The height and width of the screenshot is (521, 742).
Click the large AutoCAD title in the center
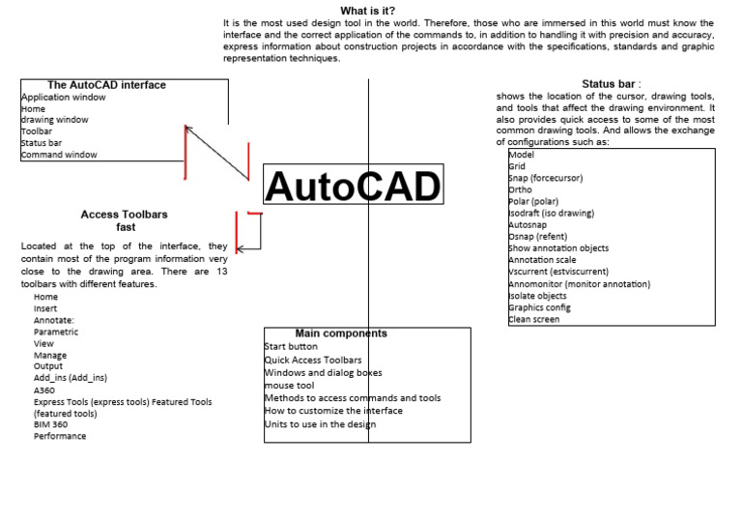353,188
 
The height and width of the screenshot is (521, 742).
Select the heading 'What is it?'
368,11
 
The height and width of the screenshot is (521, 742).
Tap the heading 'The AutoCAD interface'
106,85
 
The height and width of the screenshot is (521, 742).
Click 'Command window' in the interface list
59,155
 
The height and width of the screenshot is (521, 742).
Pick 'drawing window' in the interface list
54,120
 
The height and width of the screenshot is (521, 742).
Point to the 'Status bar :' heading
612,84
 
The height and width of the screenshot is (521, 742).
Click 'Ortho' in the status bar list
520,190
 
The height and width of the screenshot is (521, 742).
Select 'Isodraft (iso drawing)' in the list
551,214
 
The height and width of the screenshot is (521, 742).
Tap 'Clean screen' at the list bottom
533,319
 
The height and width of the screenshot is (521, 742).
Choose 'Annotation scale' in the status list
542,260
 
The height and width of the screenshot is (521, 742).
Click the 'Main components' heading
341,333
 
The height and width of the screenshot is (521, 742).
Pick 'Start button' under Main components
291,346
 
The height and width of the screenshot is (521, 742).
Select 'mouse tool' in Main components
289,385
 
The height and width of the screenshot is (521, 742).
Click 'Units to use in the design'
320,423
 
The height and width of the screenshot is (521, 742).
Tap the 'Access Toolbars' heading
125,215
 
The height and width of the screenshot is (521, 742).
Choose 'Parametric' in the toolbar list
56,332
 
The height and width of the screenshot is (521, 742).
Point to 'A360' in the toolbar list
44,390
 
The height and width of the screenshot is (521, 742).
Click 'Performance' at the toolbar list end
60,436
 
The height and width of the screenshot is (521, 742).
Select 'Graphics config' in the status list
539,307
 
